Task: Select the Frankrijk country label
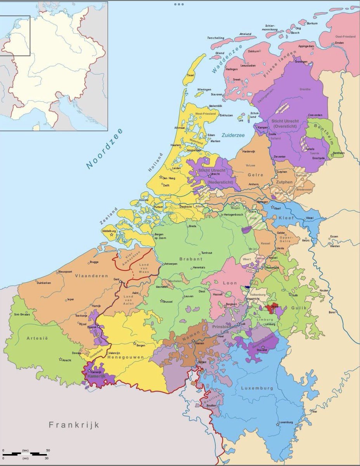coord(74,424)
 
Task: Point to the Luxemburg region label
coord(257,388)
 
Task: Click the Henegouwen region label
coord(126,357)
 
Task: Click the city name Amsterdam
coord(194,150)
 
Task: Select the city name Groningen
coord(301,62)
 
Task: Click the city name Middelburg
coord(109,231)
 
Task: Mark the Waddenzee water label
coord(227,59)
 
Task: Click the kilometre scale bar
coord(25,453)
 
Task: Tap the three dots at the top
coord(179,4)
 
